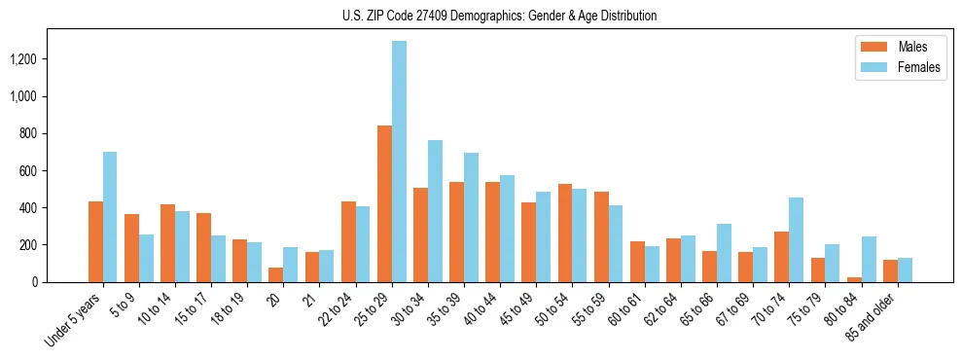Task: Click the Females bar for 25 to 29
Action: point(399,162)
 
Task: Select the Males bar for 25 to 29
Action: point(384,204)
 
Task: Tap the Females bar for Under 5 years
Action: point(110,217)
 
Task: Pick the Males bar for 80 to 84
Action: point(854,279)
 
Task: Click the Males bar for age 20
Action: point(276,274)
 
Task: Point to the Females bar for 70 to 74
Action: point(796,240)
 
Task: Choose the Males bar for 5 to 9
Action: point(131,248)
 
